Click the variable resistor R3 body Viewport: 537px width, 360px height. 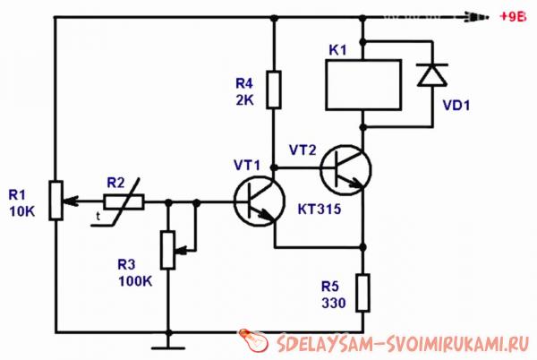(x=167, y=249)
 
